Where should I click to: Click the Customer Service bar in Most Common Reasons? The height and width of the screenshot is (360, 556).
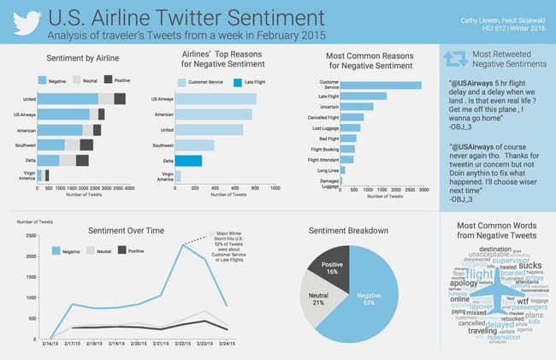(x=382, y=85)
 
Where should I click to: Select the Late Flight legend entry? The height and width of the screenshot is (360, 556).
(x=248, y=83)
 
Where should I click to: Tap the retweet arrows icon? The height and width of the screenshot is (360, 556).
(x=453, y=59)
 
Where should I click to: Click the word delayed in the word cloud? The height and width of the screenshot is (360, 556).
(x=488, y=324)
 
